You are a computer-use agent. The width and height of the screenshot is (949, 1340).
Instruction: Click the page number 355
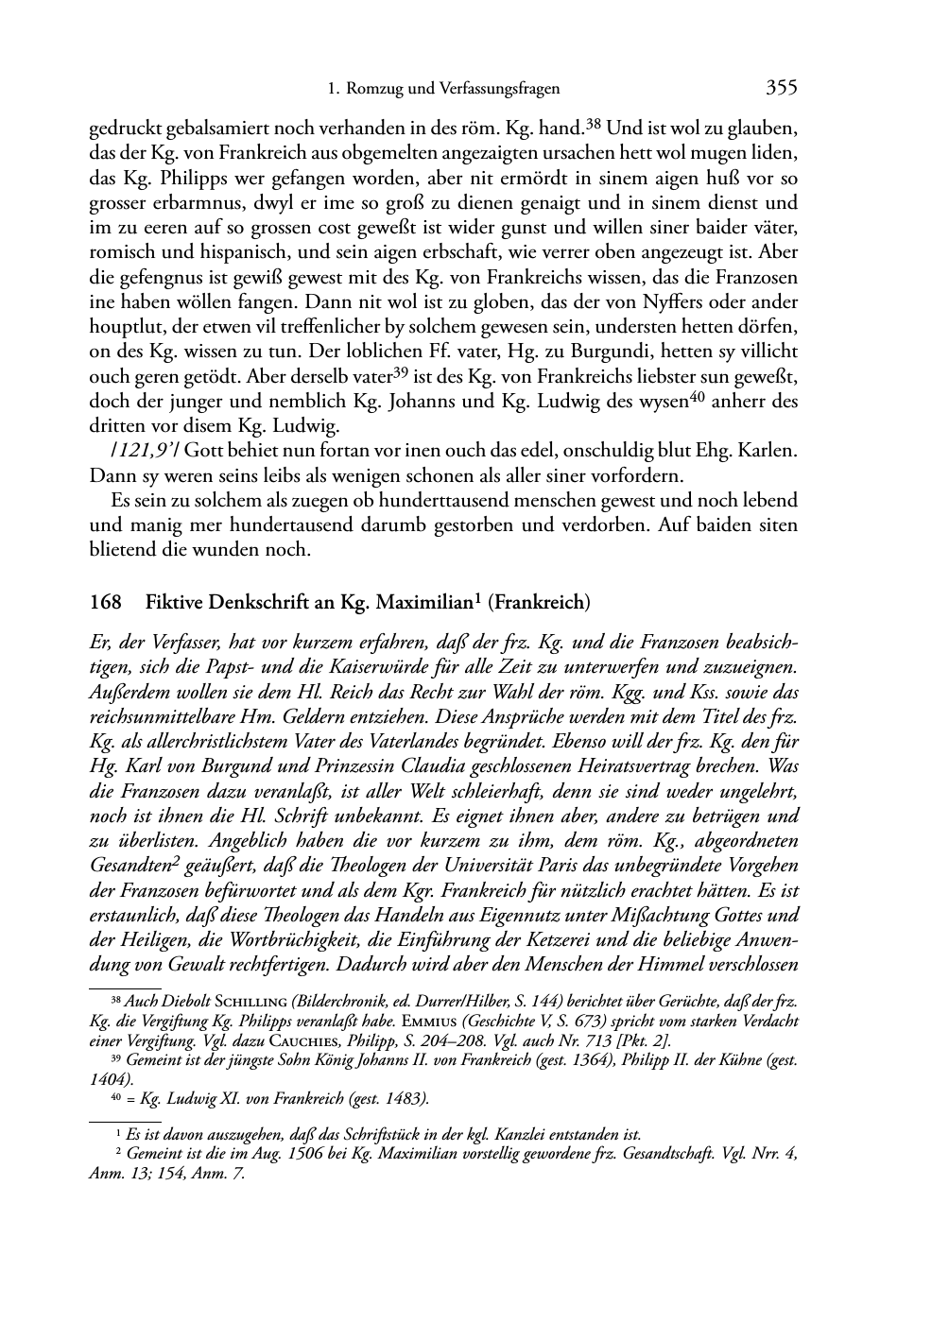tap(782, 89)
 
